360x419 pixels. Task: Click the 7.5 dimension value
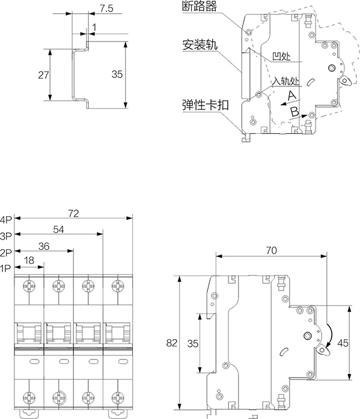[x=106, y=8]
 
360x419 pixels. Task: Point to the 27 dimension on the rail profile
[x=43, y=75]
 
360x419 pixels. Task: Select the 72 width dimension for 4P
[x=73, y=213]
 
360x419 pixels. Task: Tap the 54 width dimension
[x=58, y=229]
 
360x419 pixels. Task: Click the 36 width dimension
[x=44, y=246]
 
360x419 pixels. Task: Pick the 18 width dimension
[x=29, y=260]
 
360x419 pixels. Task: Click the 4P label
[x=6, y=220]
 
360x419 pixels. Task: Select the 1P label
[x=5, y=268]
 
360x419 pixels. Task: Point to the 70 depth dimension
[x=271, y=250]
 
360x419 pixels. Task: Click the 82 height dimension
[x=172, y=343]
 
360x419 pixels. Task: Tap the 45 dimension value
[x=343, y=343]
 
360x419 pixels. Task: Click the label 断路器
[x=200, y=6]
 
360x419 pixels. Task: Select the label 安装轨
[x=200, y=44]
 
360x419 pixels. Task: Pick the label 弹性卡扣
[x=206, y=105]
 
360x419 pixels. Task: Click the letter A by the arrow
[x=291, y=95]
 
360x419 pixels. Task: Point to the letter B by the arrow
[x=294, y=111]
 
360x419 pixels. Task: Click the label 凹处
[x=281, y=56]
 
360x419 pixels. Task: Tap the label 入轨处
[x=285, y=80]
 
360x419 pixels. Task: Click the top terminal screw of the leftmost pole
[x=29, y=286]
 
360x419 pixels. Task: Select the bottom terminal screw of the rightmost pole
[x=118, y=397]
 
